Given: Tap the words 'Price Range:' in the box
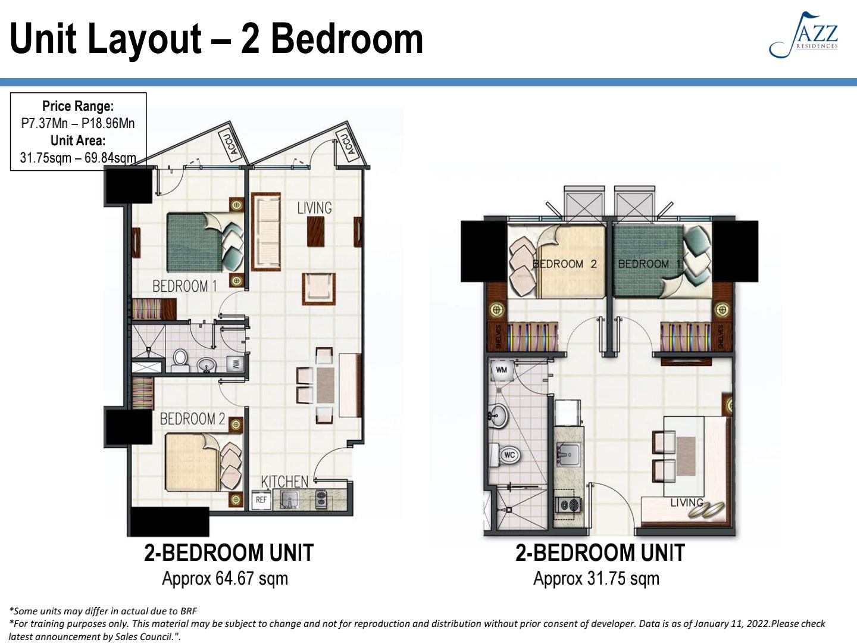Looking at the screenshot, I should click(x=78, y=106).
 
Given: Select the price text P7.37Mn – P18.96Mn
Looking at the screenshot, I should click(x=78, y=123).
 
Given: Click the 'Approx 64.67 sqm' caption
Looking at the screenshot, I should click(x=225, y=578).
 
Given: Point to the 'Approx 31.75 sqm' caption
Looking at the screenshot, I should click(x=596, y=578).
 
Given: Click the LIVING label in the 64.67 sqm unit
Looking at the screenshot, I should click(x=314, y=208).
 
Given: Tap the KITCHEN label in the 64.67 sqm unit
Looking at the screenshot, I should click(x=284, y=481).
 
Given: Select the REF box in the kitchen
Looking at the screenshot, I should click(x=261, y=500).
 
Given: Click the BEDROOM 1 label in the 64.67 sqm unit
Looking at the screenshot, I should click(x=184, y=286).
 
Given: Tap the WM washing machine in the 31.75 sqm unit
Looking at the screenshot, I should click(x=501, y=371).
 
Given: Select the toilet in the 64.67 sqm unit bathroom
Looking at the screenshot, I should click(x=180, y=360).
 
